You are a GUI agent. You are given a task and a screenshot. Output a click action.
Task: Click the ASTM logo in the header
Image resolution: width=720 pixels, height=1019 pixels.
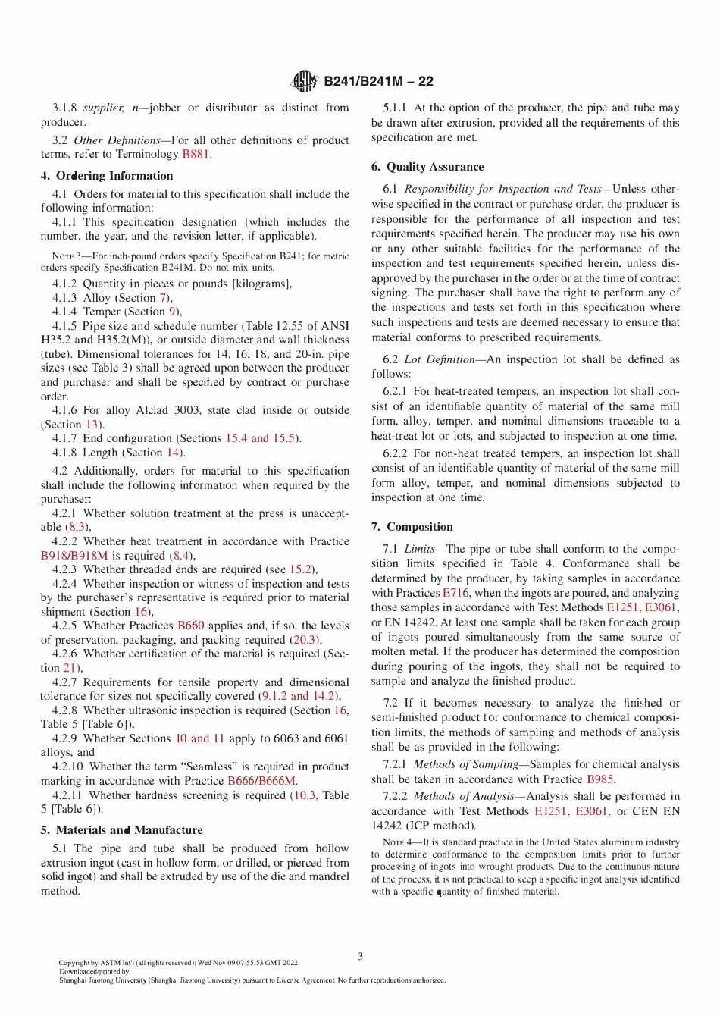[305, 81]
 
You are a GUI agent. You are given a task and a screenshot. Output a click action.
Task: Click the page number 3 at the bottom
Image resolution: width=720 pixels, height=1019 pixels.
[360, 956]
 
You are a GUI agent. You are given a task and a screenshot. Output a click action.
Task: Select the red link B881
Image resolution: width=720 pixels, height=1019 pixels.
[196, 154]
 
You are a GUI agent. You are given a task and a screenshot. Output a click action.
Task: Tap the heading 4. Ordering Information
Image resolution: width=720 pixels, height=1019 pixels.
[107, 176]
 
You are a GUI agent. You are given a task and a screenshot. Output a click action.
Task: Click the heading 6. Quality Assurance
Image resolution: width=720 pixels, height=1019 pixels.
[427, 167]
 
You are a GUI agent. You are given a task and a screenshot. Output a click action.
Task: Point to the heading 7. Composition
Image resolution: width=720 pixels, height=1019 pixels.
[412, 527]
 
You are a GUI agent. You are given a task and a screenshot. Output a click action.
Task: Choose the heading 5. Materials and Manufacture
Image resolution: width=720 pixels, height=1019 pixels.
[121, 830]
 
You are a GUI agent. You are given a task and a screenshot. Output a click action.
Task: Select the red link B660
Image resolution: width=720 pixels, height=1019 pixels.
[191, 626]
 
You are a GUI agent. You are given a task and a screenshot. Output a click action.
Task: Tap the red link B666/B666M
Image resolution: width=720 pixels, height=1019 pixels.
[261, 781]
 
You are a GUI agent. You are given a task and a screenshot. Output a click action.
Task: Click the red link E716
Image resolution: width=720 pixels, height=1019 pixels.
[455, 593]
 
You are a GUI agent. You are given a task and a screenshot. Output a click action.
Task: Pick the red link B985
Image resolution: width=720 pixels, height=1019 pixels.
[599, 779]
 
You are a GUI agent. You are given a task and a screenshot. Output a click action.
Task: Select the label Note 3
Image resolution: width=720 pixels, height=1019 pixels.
[66, 256]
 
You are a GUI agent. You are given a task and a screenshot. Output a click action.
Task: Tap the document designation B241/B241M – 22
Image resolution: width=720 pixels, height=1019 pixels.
[378, 82]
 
